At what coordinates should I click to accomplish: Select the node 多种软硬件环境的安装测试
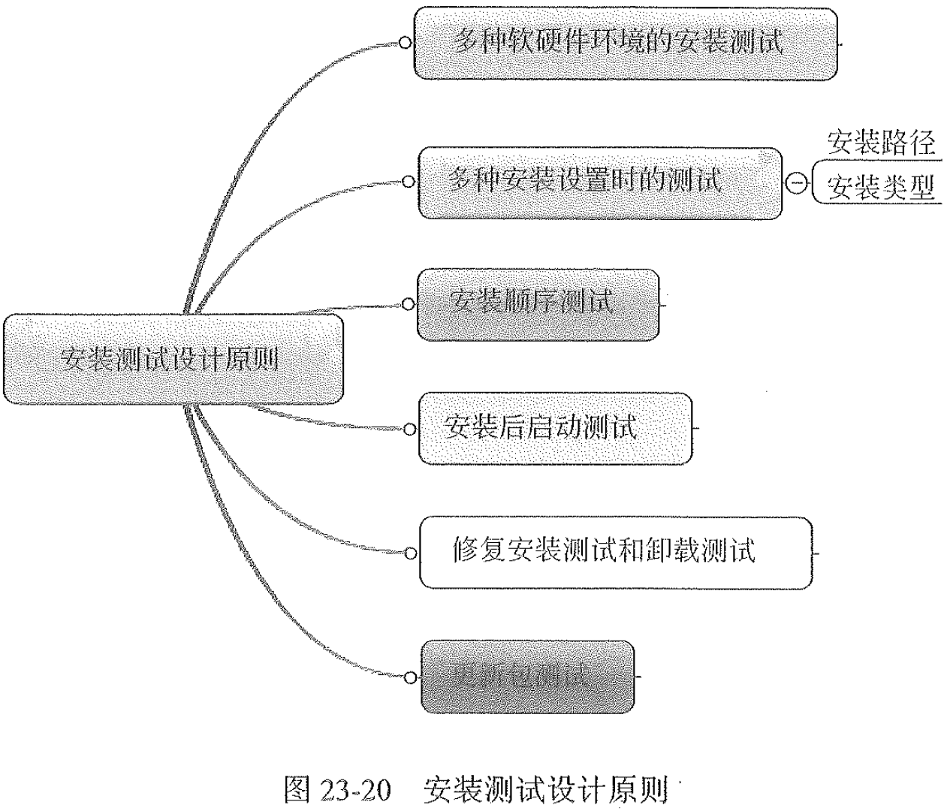click(625, 43)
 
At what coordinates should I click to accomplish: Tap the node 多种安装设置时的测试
click(599, 182)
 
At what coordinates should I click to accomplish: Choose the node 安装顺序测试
click(538, 304)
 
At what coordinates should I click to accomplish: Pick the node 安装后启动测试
click(555, 428)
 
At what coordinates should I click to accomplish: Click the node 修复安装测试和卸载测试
click(615, 552)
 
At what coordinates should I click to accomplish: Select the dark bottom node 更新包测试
click(527, 676)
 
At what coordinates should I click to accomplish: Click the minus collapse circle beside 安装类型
click(798, 182)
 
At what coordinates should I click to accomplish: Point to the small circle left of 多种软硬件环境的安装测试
click(405, 43)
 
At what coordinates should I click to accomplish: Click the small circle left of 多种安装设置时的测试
click(408, 182)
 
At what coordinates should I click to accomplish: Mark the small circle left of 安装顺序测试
click(408, 304)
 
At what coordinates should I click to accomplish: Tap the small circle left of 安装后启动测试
click(409, 430)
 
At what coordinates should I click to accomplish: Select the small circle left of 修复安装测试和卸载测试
click(410, 553)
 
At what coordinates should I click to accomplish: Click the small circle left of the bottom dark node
click(410, 677)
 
